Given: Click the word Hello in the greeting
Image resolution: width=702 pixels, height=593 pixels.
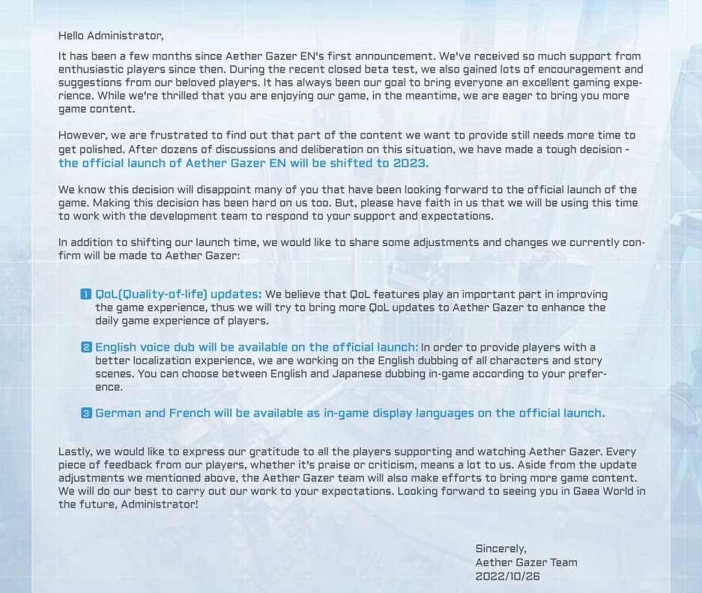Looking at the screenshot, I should coord(71,36).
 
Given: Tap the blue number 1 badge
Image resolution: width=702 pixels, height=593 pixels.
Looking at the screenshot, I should coord(86,295).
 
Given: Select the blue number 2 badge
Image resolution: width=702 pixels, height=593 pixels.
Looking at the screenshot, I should coord(86,347).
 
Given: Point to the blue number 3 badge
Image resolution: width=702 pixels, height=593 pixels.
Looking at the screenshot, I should coord(86,413).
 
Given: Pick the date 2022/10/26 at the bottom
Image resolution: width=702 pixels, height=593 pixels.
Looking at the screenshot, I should coord(507,577).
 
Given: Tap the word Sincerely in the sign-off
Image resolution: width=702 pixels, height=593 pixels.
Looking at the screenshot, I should coord(500,550).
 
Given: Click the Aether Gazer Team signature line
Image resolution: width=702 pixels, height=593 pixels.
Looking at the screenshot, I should coord(526,563).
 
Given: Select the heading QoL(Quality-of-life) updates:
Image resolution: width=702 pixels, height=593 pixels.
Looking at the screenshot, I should coord(178,295).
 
